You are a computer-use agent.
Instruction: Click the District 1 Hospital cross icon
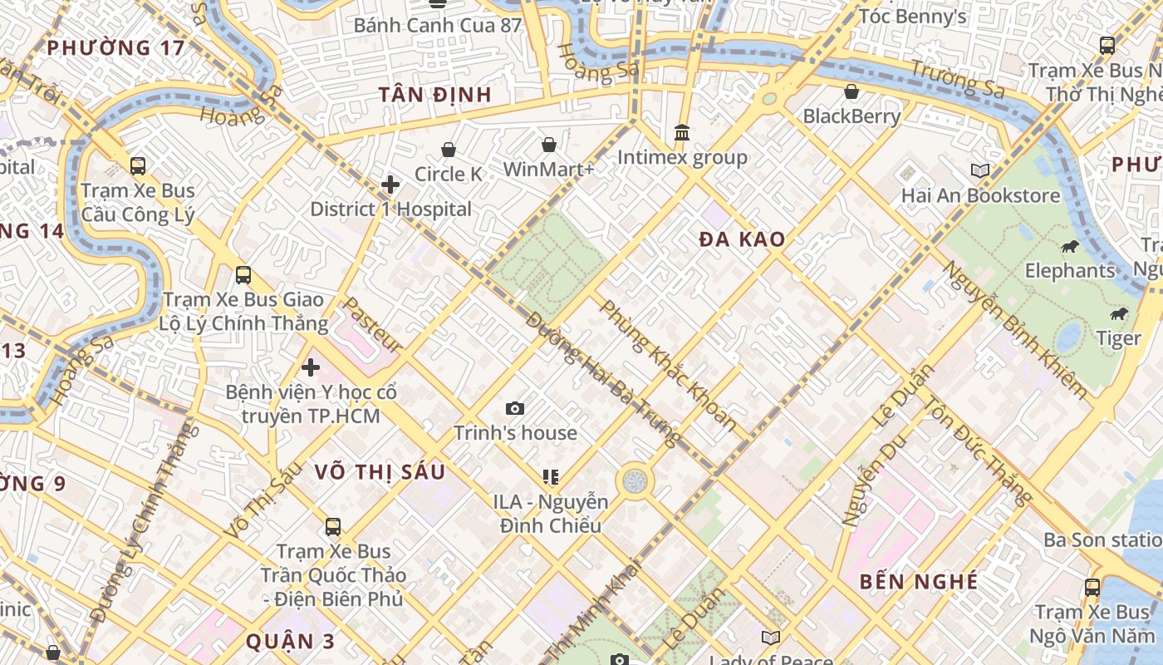point(390,185)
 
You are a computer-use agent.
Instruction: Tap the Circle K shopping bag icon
point(449,150)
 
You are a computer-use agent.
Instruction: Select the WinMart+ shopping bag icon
point(549,145)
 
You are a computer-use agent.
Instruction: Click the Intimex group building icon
point(682,133)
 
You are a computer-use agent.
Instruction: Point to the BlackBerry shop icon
point(851,91)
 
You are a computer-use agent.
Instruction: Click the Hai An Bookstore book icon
point(980,170)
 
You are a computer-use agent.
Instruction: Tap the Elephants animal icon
point(1070,246)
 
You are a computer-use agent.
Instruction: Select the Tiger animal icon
point(1118,314)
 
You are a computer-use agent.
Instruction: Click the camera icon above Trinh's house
point(515,408)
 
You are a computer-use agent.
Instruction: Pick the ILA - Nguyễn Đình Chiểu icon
point(550,477)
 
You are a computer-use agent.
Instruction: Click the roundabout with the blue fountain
point(635,480)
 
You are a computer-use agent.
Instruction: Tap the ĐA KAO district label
point(741,240)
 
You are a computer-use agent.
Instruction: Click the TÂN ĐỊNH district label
point(435,95)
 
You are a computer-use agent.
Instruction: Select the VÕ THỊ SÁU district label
point(380,472)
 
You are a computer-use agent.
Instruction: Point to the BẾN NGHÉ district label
point(919,581)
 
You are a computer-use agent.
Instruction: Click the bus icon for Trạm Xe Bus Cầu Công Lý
point(138,166)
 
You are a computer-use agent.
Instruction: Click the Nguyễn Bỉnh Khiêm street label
point(1014,330)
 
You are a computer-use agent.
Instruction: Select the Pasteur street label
point(373,325)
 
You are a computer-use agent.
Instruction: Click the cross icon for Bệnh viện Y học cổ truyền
point(311,367)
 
